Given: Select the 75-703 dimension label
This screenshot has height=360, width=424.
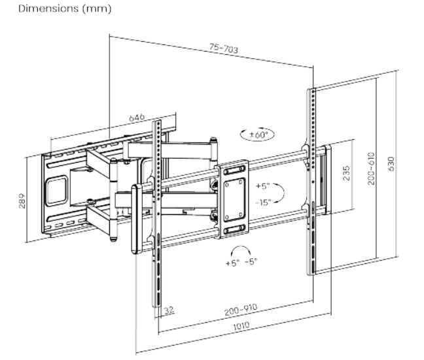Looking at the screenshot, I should click(223, 49).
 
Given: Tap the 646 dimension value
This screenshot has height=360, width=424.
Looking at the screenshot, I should click(137, 118).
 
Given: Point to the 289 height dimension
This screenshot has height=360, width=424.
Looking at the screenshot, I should click(21, 199).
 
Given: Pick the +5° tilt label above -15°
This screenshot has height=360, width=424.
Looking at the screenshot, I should click(263, 186).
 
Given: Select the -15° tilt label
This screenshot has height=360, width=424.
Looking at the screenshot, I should click(263, 202).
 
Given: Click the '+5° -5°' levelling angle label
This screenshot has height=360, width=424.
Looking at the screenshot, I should click(241, 263).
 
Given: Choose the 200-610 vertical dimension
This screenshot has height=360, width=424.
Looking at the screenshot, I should click(370, 169).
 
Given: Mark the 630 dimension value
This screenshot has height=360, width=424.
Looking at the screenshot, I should click(391, 163).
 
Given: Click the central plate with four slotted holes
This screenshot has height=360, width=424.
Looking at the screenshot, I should click(234, 197).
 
